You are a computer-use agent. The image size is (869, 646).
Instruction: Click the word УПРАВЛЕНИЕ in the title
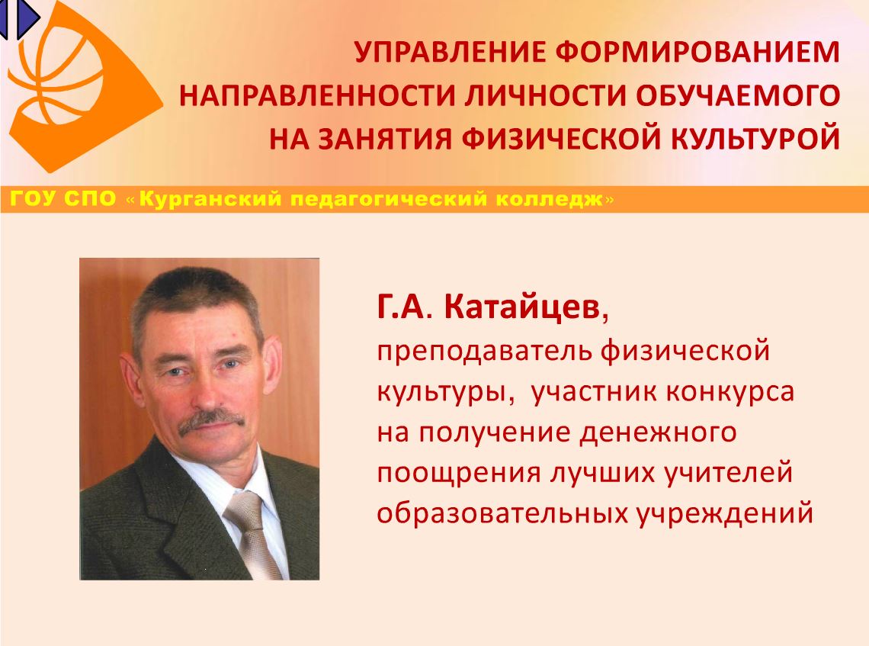(450, 52)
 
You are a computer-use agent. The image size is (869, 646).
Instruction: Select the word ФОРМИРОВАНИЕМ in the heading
(697, 52)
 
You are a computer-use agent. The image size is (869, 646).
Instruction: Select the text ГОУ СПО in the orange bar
(63, 198)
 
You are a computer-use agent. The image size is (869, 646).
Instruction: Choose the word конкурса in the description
(730, 392)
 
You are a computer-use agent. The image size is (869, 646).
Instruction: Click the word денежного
(658, 432)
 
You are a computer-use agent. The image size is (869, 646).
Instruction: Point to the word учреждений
(724, 514)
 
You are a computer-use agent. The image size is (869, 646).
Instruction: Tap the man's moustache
(211, 420)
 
